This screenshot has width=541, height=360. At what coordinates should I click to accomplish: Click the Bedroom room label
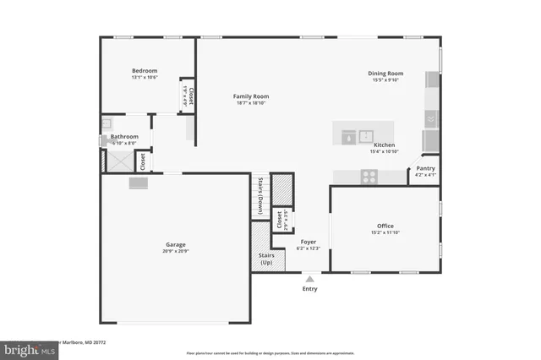pyautogui.click(x=145, y=71)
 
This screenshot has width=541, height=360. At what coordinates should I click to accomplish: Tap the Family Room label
pyautogui.click(x=250, y=96)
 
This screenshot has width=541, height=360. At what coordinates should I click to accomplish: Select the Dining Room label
pyautogui.click(x=385, y=74)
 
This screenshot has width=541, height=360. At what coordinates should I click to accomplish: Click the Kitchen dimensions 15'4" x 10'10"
pyautogui.click(x=384, y=152)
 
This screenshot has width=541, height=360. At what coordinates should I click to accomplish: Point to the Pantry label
pyautogui.click(x=426, y=168)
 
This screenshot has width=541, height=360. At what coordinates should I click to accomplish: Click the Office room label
pyautogui.click(x=385, y=226)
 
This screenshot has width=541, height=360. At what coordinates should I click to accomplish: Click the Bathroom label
pyautogui.click(x=124, y=136)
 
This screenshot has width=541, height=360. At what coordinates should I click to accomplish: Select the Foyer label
pyautogui.click(x=308, y=242)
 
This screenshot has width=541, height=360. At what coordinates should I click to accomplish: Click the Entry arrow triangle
pyautogui.click(x=310, y=277)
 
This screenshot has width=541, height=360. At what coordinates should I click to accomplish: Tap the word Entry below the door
pyautogui.click(x=310, y=289)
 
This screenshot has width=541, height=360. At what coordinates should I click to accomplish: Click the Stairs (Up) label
pyautogui.click(x=265, y=258)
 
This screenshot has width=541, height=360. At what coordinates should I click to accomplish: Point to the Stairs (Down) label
pyautogui.click(x=260, y=195)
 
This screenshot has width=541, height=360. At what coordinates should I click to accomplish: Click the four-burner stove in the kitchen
pyautogui.click(x=369, y=177)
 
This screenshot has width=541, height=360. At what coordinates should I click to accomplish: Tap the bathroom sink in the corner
pyautogui.click(x=107, y=123)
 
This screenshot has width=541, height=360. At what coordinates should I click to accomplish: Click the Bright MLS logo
pyautogui.click(x=28, y=348)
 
